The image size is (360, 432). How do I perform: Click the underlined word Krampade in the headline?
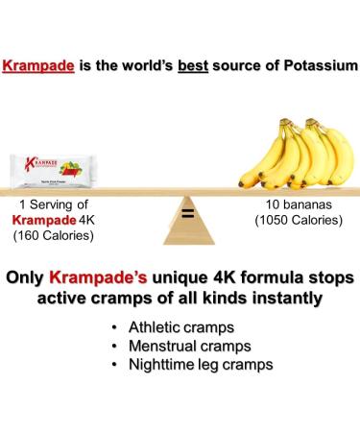[x=38, y=67]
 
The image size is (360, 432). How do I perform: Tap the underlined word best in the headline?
[x=200, y=67]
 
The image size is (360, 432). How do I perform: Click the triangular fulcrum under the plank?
[x=187, y=226]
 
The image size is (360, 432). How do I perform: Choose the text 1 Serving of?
[x=54, y=204]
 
